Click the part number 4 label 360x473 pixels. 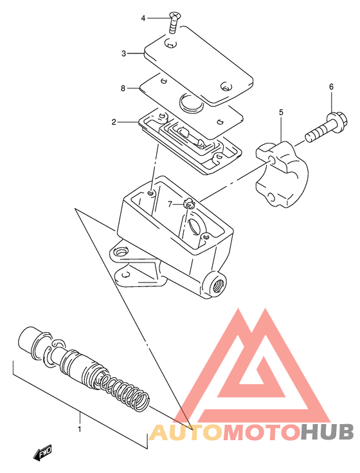point(143,19)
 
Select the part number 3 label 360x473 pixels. point(123,53)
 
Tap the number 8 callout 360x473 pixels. point(123,88)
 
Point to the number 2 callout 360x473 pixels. point(114,122)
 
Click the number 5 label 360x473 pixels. point(281,113)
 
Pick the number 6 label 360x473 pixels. point(331,87)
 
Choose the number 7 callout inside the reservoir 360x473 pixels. point(170,205)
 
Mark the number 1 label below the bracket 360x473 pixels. point(80,429)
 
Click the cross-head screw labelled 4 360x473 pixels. point(173,23)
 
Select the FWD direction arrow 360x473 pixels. point(42,452)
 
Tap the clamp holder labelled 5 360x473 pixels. point(282,174)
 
